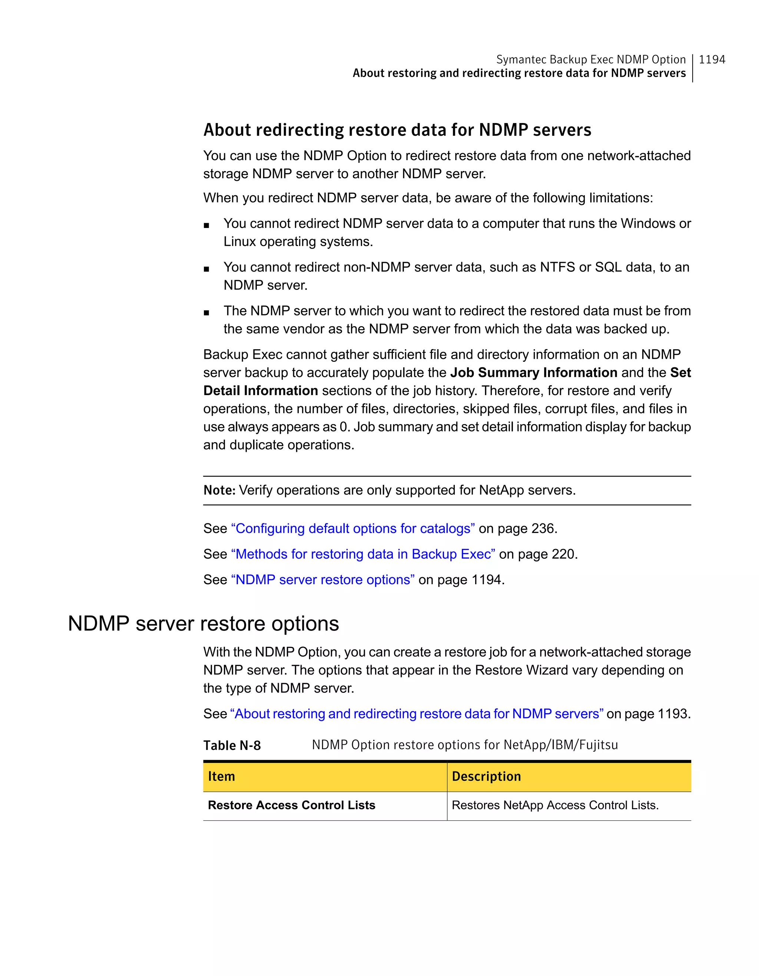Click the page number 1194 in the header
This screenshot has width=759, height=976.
pos(712,59)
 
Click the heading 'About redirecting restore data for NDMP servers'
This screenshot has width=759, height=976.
pos(397,130)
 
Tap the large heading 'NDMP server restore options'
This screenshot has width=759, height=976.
pos(203,623)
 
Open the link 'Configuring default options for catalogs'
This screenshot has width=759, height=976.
pos(352,528)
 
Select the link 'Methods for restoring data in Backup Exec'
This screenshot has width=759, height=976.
pos(363,554)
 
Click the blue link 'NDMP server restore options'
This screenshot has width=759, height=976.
pos(322,580)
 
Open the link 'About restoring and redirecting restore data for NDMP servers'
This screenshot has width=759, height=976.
pos(416,714)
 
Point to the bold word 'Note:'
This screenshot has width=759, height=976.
pos(219,490)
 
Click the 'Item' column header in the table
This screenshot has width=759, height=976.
pos(222,776)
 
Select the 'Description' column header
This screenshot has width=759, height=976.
pos(486,776)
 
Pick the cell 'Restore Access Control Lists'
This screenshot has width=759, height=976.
pos(291,805)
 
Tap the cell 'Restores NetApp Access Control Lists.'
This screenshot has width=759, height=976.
pos(555,805)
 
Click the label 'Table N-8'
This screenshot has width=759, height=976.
pos(232,745)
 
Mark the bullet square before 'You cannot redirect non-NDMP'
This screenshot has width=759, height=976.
pos(206,269)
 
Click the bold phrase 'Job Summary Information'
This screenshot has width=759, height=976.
pos(533,372)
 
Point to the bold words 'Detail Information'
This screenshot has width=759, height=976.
pos(261,391)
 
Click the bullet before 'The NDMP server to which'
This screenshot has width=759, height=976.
pos(206,313)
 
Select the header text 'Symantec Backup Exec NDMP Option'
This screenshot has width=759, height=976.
pos(591,59)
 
